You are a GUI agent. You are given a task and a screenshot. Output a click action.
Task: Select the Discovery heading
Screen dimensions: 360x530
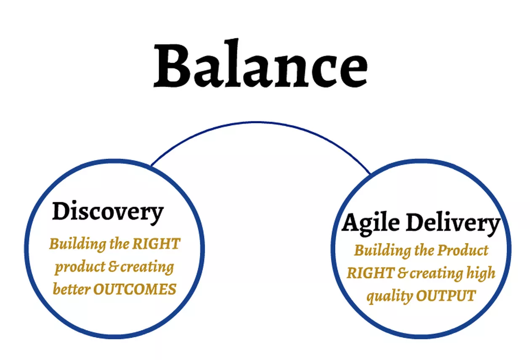click(108, 212)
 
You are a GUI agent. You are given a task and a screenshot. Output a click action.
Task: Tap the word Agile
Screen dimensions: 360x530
click(369, 223)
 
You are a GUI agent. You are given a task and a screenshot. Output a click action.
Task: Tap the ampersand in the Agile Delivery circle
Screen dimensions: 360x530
click(403, 273)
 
